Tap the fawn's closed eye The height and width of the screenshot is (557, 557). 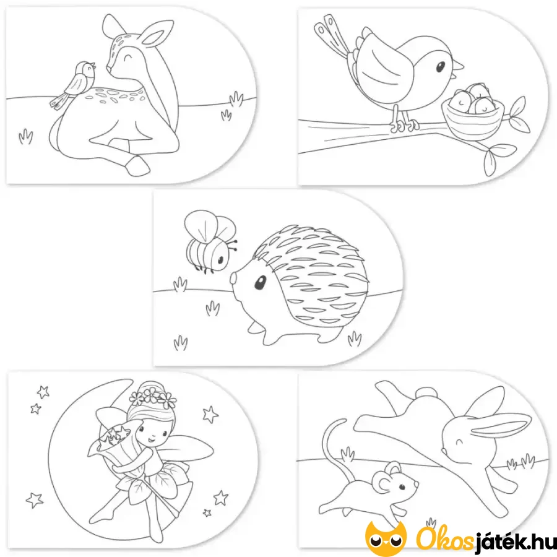126,56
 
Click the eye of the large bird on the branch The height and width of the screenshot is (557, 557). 440,66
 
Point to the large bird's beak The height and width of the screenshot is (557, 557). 457,67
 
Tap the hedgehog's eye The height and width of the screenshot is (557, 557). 260,282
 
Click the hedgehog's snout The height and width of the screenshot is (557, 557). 234,278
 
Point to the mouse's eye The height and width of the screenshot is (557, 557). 402,488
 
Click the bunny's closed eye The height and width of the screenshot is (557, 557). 460,443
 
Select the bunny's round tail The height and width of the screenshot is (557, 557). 426,392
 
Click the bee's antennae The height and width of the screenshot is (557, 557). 233,245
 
